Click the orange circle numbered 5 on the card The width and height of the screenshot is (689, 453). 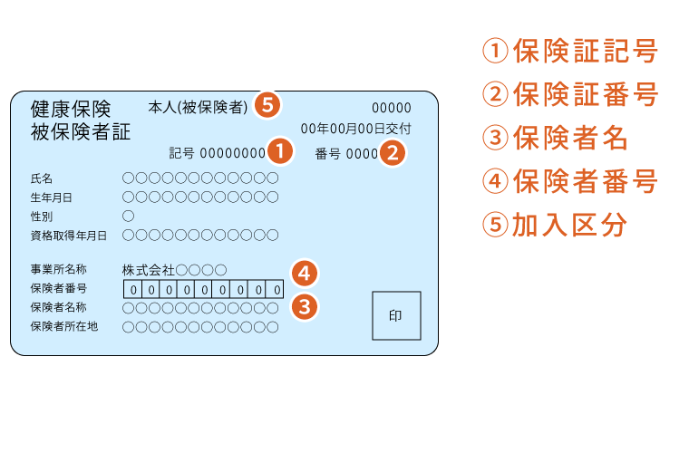(267, 105)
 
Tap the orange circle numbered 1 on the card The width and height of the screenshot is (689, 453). (280, 151)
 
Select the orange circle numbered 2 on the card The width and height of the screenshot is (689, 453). (393, 153)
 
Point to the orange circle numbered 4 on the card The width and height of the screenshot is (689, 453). (304, 274)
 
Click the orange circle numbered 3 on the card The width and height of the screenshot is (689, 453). (304, 307)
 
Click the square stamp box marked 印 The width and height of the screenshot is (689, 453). (396, 315)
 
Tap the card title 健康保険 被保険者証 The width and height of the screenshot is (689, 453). (81, 120)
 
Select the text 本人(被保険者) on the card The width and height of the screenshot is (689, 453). (199, 107)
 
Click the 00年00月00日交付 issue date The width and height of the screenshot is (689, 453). (356, 129)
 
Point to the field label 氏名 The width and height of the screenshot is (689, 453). (42, 178)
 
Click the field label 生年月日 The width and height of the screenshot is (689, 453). (51, 198)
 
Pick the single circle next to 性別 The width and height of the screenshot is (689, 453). (129, 216)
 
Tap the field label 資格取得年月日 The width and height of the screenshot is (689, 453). (69, 236)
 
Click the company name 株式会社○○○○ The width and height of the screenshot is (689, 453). (174, 270)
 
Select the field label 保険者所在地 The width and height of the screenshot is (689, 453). (64, 326)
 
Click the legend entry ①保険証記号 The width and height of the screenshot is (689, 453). (570, 51)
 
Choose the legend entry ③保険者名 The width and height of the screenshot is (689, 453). (555, 138)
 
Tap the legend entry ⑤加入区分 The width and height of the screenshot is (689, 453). (555, 225)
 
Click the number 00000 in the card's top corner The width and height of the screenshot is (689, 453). (392, 108)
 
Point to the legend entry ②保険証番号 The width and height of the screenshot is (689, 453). (570, 94)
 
